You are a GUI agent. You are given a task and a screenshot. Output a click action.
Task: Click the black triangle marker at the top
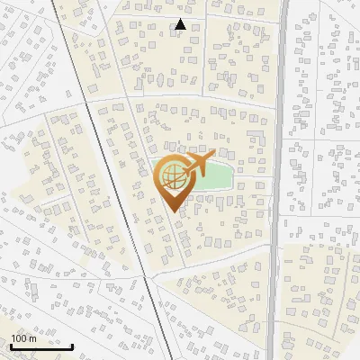(180, 24)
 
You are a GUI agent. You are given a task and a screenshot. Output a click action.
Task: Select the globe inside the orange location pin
(171, 176)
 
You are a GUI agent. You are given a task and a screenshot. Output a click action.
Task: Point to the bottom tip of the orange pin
(172, 211)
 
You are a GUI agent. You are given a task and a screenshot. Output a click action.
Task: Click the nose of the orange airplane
(212, 157)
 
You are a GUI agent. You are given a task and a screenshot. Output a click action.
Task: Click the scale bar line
(41, 346)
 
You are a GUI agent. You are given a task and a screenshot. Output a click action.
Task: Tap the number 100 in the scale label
(19, 338)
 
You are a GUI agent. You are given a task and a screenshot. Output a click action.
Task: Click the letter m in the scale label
(32, 338)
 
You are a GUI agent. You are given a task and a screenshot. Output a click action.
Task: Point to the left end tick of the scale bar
(11, 344)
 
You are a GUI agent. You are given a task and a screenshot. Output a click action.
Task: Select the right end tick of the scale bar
(73, 344)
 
